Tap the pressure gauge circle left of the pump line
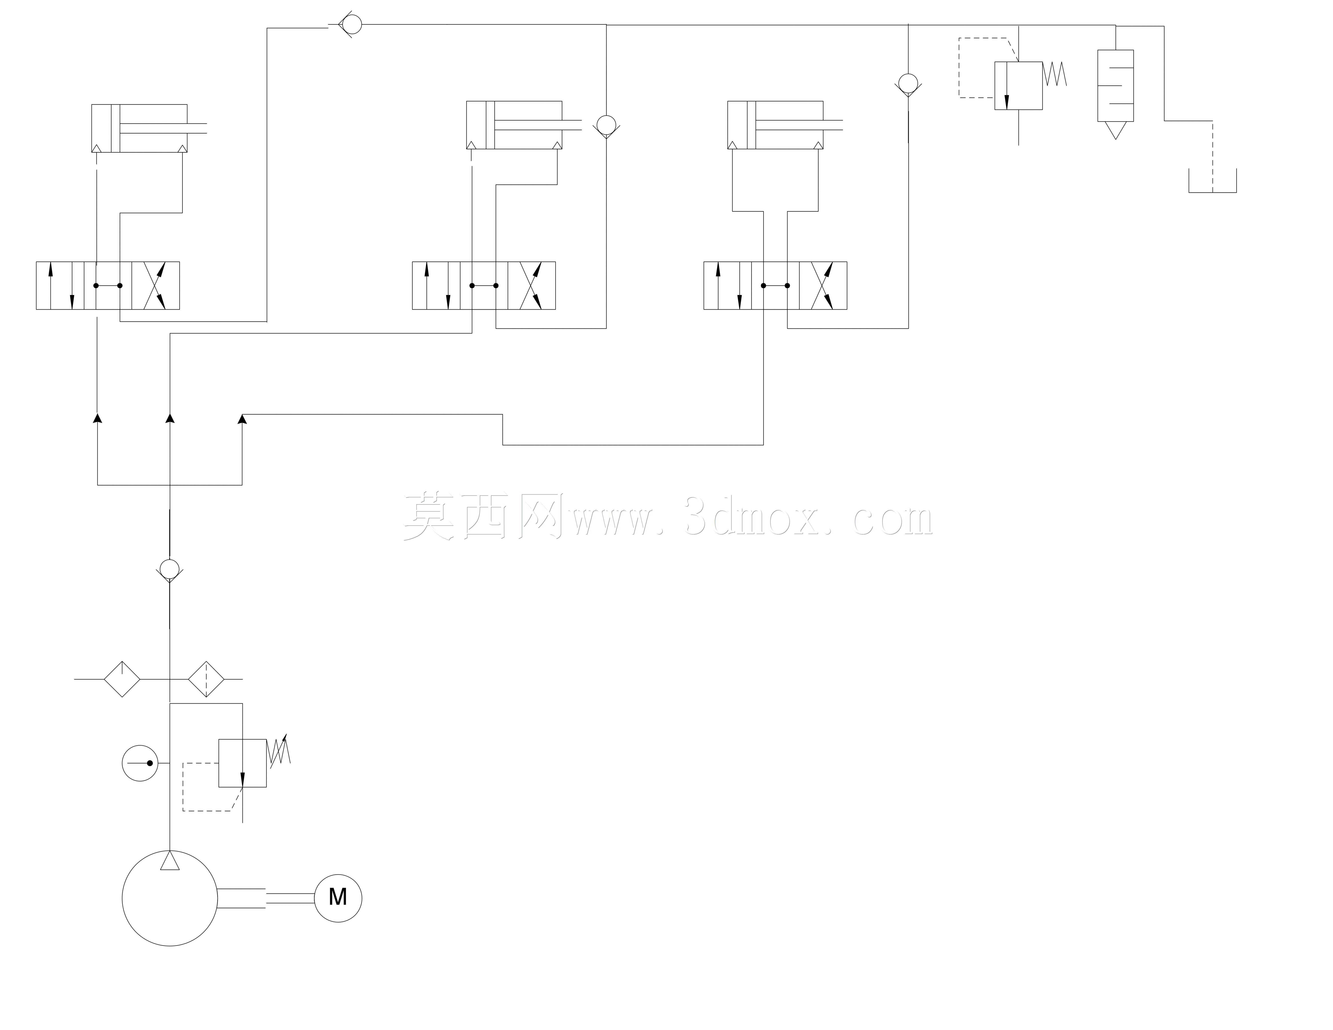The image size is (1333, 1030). click(140, 762)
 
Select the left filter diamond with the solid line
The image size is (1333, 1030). click(122, 678)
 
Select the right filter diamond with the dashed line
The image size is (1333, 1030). click(206, 678)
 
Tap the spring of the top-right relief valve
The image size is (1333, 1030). click(1055, 74)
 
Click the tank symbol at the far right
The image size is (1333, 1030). click(1212, 181)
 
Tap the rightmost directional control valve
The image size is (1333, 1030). click(775, 285)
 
